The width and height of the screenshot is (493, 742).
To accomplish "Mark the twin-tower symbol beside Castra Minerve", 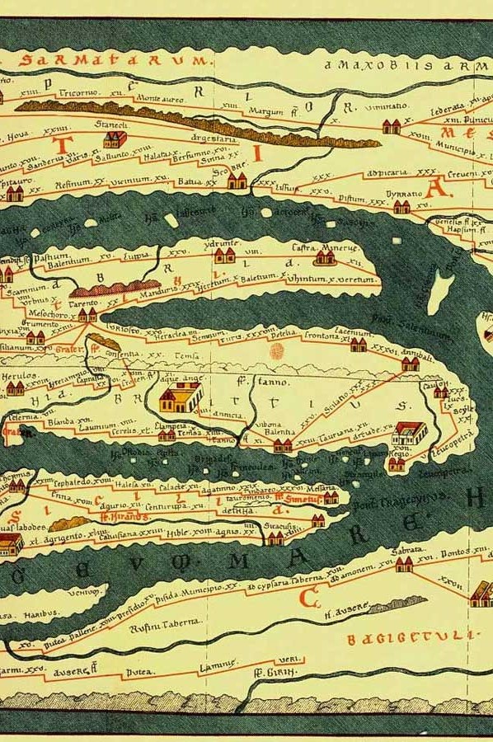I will pyautogui.click(x=326, y=259).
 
